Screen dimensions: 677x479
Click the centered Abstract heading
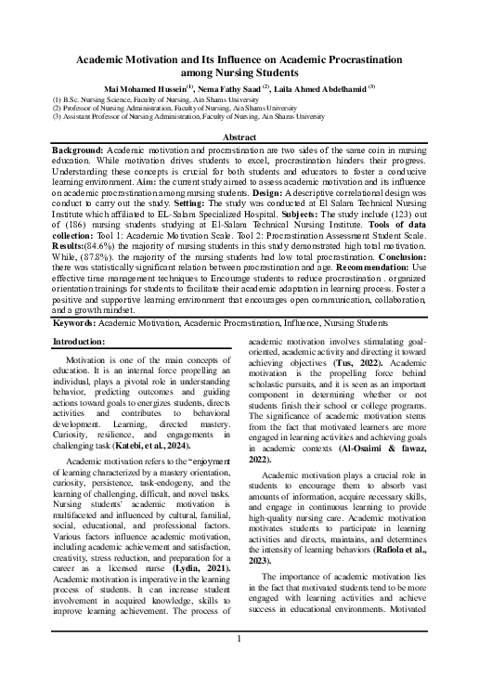point(239,136)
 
